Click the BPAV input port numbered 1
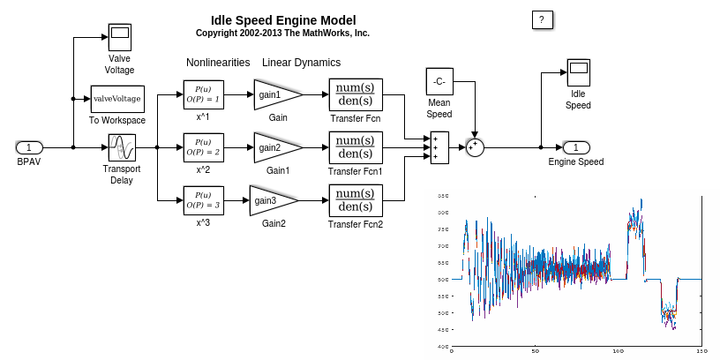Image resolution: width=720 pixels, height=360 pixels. (29, 147)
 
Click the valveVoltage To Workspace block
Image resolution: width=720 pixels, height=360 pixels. (116, 99)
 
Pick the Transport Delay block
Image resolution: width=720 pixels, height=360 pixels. (121, 147)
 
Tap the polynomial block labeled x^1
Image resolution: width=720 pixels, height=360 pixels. (203, 94)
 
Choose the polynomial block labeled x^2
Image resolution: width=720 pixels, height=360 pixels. (203, 147)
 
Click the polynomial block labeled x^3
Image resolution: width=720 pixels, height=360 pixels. (203, 200)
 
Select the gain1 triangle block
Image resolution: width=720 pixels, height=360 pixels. (274, 94)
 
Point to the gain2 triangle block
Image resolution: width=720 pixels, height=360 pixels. (274, 147)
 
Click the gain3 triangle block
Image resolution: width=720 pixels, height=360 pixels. (270, 200)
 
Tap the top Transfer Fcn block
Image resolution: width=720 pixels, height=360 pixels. (355, 94)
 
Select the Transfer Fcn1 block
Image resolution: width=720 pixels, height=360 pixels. (355, 147)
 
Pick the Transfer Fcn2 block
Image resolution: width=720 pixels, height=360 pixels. (355, 200)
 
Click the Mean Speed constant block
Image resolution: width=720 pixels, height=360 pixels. (439, 81)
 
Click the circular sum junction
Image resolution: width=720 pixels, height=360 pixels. (475, 147)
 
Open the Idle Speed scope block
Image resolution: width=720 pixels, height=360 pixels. (578, 74)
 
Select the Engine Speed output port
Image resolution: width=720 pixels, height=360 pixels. (576, 147)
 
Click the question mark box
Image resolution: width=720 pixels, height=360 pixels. (543, 19)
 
